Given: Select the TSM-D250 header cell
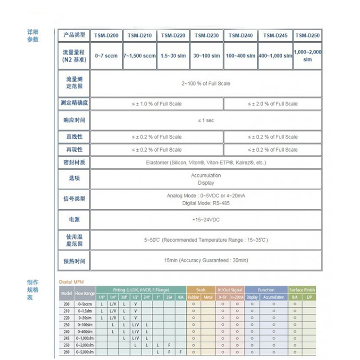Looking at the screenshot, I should click(x=307, y=36).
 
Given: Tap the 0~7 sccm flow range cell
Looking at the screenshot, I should click(x=106, y=56).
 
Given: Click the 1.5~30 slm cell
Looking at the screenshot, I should click(x=173, y=56).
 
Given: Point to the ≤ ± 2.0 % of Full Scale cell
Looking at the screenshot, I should click(x=273, y=104).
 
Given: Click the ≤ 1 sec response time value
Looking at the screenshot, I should click(x=206, y=120).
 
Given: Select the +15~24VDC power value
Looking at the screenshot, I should click(x=206, y=219).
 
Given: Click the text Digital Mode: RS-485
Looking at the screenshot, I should click(x=206, y=203).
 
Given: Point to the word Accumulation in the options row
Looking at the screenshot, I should click(x=206, y=175).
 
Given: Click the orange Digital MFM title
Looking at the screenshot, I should click(x=71, y=282).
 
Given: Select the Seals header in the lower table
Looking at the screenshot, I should click(x=201, y=290).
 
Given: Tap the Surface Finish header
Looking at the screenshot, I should click(x=302, y=290).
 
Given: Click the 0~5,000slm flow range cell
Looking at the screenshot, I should click(x=85, y=352).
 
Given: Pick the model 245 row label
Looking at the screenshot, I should click(x=66, y=338).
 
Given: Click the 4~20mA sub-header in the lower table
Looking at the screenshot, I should click(x=237, y=297).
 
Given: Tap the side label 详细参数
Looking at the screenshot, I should click(x=33, y=36).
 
